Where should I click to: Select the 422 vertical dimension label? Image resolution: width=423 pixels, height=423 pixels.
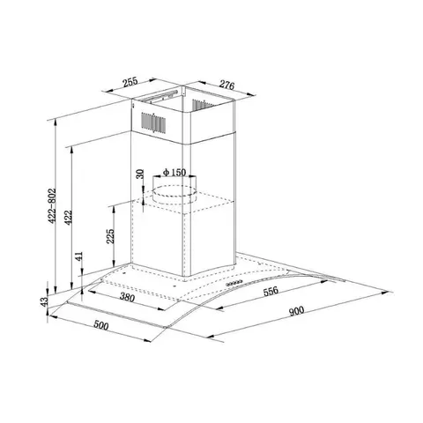[x=71, y=216]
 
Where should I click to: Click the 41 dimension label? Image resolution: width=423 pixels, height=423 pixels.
[x=78, y=256]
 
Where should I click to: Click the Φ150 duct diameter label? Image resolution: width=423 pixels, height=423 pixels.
[x=173, y=173]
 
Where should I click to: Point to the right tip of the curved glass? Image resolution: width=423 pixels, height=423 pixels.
[x=387, y=292]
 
